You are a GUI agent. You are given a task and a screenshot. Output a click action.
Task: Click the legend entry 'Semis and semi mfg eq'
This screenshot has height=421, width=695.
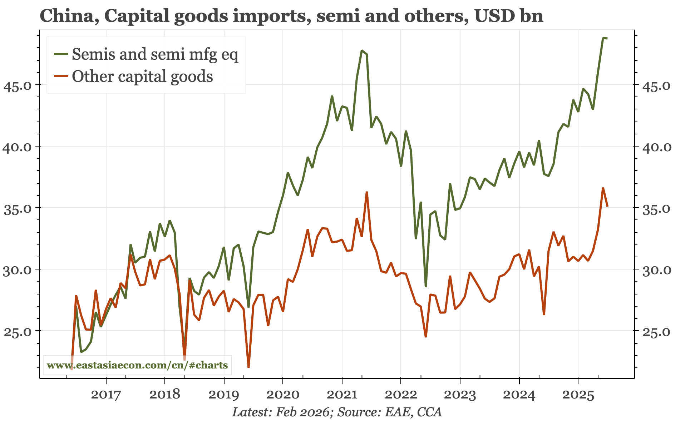[154, 54]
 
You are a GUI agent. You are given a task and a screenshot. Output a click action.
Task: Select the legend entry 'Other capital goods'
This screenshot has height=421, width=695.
[142, 76]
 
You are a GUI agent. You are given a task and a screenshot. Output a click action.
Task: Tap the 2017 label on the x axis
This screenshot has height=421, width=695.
[106, 395]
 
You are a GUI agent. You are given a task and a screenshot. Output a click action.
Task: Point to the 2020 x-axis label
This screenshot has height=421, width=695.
[283, 395]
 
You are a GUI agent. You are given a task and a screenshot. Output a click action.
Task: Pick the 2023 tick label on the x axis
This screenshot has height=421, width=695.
[460, 395]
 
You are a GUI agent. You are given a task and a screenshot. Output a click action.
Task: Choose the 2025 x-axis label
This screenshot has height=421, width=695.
[578, 395]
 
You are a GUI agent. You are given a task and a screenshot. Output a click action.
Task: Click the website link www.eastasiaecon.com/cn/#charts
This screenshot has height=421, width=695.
[137, 365]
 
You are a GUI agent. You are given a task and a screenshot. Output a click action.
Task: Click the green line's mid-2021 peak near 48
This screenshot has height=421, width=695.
[362, 51]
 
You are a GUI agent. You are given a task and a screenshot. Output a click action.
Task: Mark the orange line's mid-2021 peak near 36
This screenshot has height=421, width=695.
[367, 192]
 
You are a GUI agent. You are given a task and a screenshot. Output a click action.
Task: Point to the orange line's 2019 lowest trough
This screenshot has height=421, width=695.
[248, 367]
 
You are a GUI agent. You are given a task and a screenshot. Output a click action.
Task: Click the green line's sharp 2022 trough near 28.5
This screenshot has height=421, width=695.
[426, 286]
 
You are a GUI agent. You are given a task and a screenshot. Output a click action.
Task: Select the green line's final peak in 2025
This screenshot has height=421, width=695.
[603, 38]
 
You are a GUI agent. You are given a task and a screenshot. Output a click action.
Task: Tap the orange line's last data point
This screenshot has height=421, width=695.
[607, 206]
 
